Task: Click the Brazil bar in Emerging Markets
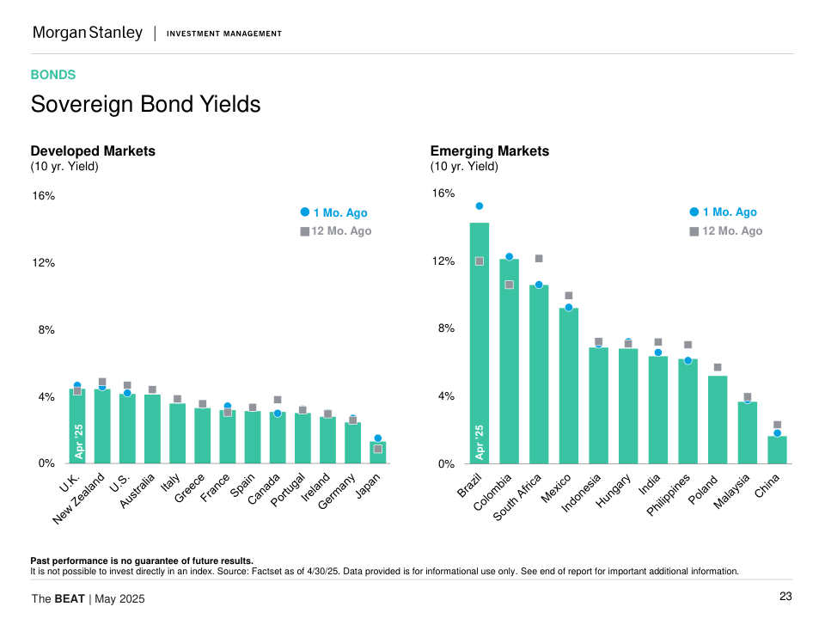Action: tap(479, 344)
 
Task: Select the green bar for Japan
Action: tap(378, 453)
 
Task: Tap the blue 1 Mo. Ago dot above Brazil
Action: tap(479, 206)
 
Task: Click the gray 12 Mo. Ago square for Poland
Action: tap(718, 368)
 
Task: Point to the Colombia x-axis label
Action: tap(495, 492)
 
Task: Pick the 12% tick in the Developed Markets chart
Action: tap(43, 263)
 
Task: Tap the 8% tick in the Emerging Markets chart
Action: tap(443, 328)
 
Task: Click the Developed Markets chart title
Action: tap(93, 151)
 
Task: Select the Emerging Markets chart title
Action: tap(490, 151)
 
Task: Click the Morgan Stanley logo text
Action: tap(88, 34)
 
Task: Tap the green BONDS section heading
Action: tap(53, 76)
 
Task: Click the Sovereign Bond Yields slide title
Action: tap(145, 105)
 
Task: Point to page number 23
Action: tap(785, 598)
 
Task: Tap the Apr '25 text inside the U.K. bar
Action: tap(78, 440)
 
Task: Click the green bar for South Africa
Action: tap(539, 374)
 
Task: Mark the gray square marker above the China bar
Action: tap(777, 425)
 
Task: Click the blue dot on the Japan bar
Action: tap(378, 438)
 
